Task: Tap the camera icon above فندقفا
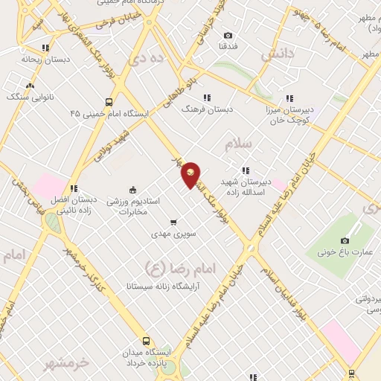pyautogui.click(x=228, y=35)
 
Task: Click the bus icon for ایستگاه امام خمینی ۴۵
pyautogui.click(x=109, y=102)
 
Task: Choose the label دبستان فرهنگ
pyautogui.click(x=210, y=109)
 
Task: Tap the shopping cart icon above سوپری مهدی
pyautogui.click(x=173, y=222)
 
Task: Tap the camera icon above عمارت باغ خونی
pyautogui.click(x=345, y=240)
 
